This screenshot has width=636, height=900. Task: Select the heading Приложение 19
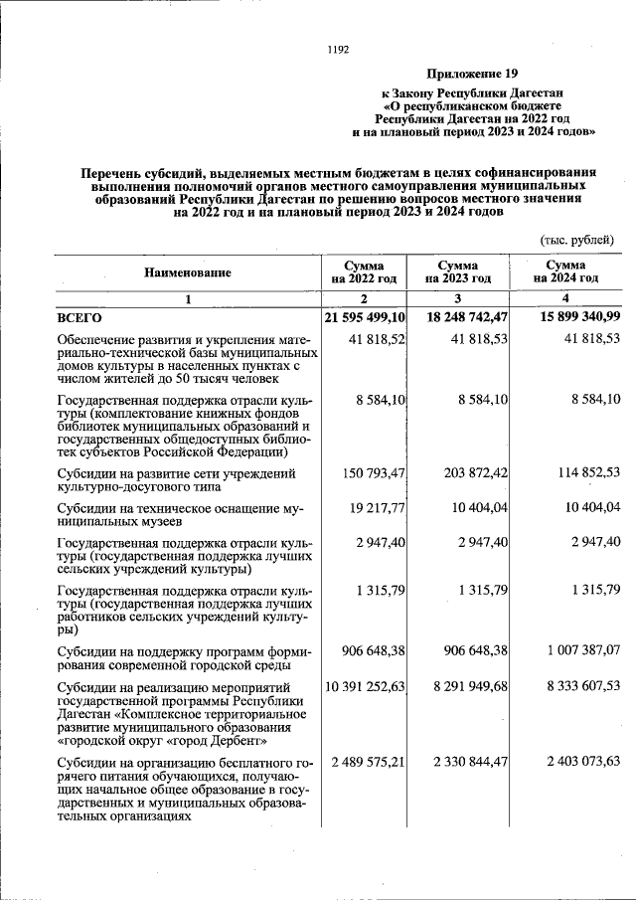point(473,74)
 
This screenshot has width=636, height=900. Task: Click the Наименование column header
point(187,272)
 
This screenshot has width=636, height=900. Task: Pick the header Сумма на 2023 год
point(458,272)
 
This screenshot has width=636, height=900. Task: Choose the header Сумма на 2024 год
point(565,272)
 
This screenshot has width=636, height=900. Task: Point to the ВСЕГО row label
point(79,317)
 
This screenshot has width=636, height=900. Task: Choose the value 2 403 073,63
point(576,762)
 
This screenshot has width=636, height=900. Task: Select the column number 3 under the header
point(458,299)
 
